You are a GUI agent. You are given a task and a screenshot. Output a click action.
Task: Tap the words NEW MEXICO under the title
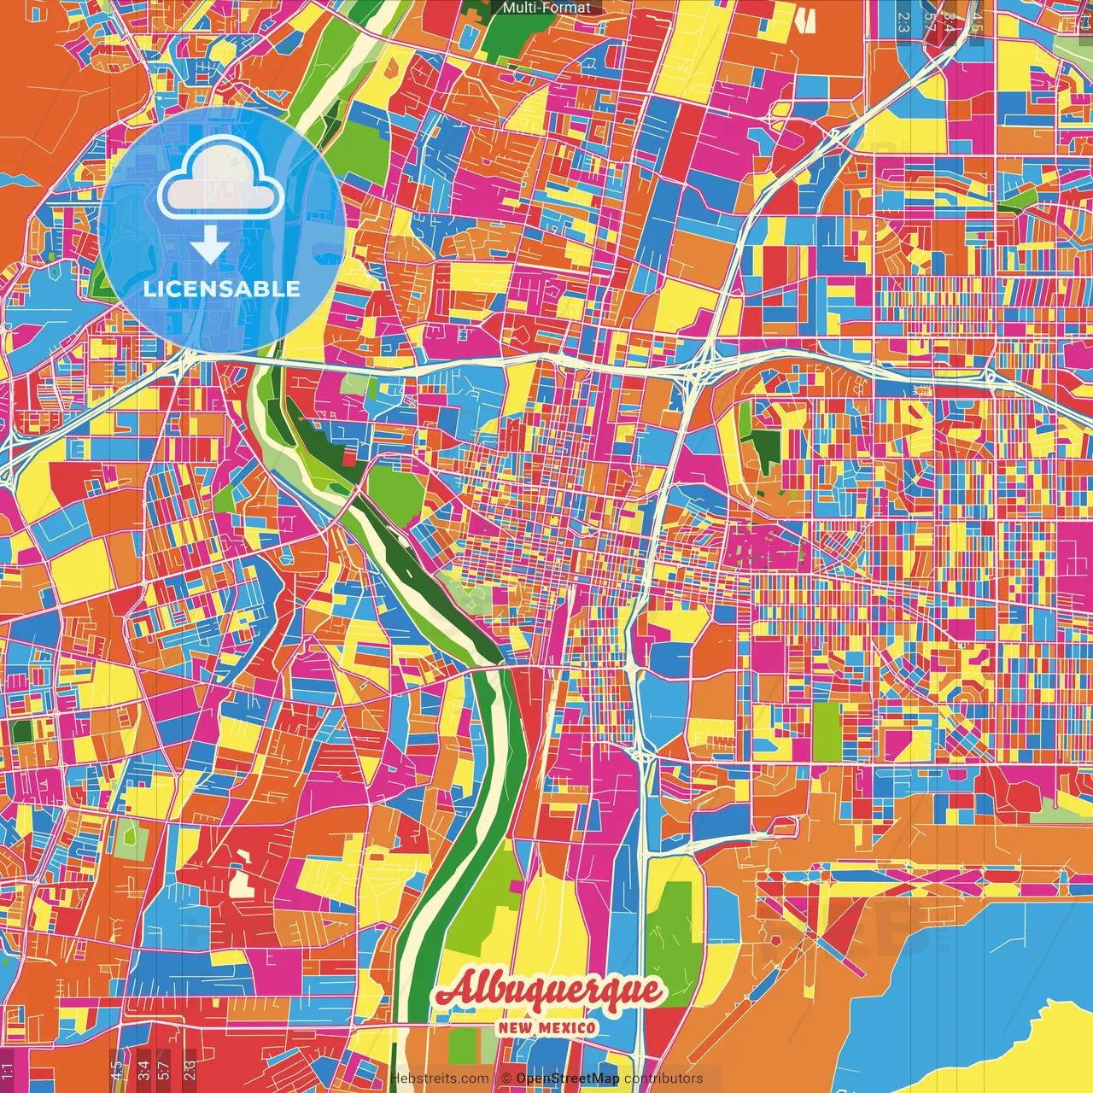pyautogui.click(x=548, y=1027)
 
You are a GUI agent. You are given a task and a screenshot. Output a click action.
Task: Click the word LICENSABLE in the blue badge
pyautogui.click(x=221, y=289)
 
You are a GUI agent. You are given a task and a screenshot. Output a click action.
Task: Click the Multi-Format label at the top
pyautogui.click(x=546, y=8)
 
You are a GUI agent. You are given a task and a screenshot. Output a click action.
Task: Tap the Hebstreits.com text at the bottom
pyautogui.click(x=440, y=1078)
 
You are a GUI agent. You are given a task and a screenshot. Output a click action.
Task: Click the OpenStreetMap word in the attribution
pyautogui.click(x=568, y=1078)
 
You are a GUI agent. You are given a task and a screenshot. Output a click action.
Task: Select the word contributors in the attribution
pyautogui.click(x=663, y=1078)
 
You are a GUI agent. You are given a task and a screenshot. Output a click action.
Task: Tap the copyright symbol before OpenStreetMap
pyautogui.click(x=506, y=1078)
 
